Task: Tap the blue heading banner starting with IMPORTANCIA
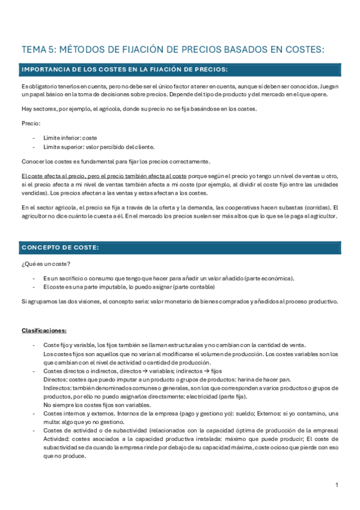tap(180, 70)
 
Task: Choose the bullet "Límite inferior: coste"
tap(70, 138)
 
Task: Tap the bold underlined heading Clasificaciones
tap(44, 330)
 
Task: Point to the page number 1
tap(337, 485)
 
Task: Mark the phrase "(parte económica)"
tap(268, 278)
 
